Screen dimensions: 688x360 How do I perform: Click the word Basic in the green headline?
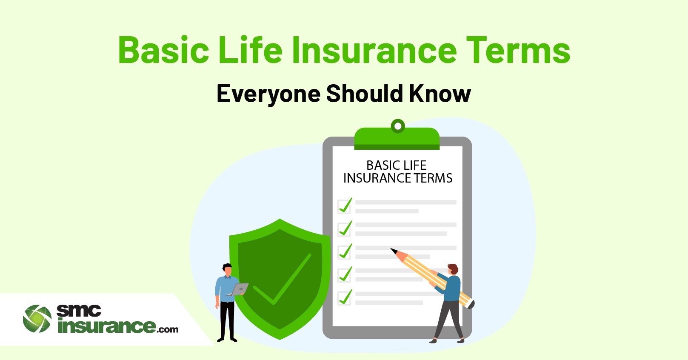163,50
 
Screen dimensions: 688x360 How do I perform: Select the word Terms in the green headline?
518,50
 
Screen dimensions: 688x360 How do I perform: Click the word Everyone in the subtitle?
268,94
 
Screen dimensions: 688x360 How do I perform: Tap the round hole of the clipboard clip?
398,126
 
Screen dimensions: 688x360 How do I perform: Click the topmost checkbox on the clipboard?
344,206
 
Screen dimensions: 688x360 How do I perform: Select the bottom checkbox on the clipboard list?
344,298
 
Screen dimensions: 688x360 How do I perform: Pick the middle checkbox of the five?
344,252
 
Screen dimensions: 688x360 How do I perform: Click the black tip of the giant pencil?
394,251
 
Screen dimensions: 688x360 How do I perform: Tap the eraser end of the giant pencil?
471,304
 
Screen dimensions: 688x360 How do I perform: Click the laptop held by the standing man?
238,289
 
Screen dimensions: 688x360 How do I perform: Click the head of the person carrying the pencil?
452,269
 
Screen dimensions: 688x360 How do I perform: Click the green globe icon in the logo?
37,319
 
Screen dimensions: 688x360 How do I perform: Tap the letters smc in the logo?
79,311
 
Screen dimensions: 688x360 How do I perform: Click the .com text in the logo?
167,330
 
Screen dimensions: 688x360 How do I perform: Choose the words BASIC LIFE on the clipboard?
397,166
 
